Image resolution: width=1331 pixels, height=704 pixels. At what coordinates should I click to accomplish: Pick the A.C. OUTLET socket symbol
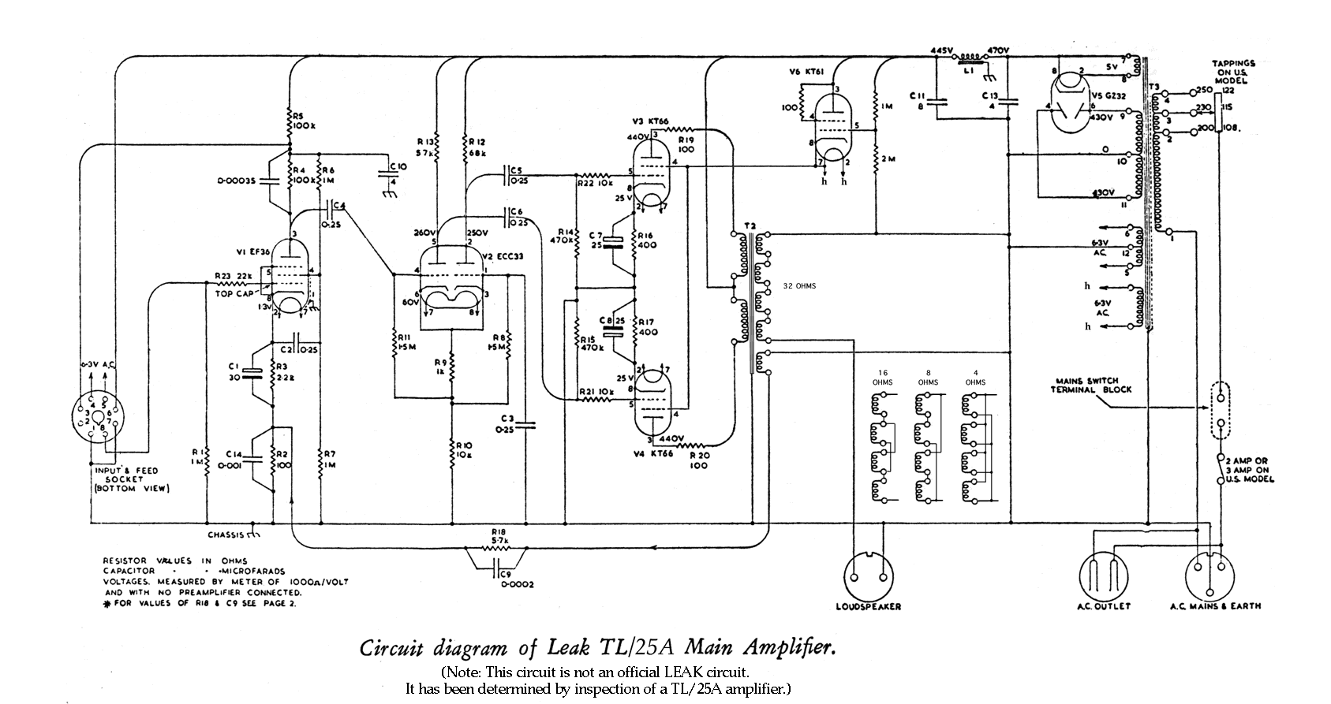1103,574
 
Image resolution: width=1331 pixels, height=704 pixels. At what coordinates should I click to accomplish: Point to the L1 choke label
968,71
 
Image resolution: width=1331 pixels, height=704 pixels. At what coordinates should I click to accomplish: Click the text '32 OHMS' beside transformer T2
799,286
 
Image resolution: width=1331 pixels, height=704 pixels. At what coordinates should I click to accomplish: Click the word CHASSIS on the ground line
225,535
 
